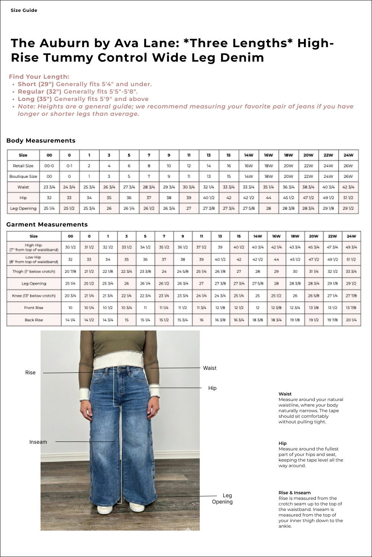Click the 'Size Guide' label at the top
24,10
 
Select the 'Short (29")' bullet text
36,84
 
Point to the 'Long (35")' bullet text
35,99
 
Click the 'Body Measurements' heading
41,140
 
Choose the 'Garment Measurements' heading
47,224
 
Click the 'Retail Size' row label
23,166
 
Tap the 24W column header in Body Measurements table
348,155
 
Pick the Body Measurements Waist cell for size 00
49,187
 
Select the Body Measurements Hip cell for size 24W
348,198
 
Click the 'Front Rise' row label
34,308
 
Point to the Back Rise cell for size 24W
351,320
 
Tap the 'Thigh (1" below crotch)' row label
34,271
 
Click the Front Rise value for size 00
70,308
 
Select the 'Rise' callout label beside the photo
31,372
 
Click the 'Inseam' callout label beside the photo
38,442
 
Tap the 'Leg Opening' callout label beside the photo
222,498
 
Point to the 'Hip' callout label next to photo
212,388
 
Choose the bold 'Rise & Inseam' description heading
295,493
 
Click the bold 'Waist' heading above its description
285,394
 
